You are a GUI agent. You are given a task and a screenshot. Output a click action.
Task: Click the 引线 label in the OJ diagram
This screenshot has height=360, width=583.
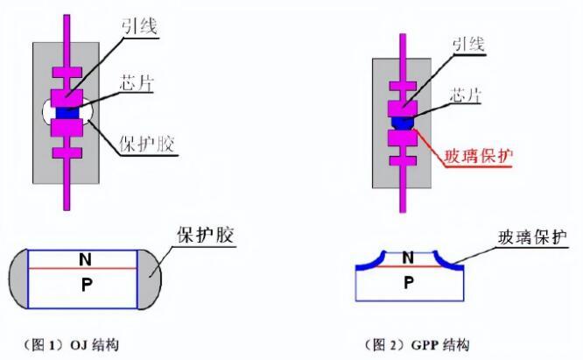coord(140,26)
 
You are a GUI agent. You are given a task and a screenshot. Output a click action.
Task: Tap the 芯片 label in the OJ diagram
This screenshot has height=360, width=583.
coord(137,82)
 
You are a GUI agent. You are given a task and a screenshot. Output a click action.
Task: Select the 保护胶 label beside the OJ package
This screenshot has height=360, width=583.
coord(147,144)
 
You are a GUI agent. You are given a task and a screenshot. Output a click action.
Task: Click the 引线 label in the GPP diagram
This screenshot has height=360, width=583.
coord(468,45)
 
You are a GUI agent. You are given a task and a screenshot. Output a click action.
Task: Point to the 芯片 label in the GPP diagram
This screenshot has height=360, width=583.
coord(466,95)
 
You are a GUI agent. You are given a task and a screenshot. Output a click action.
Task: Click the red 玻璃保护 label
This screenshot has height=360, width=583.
coord(479,156)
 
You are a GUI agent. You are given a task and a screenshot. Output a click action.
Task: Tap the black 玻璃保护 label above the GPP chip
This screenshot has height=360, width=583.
coord(533,237)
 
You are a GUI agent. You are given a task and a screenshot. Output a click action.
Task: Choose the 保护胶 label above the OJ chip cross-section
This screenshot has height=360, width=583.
coord(206,235)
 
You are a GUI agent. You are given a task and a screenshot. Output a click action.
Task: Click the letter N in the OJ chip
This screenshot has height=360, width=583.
coord(85,259)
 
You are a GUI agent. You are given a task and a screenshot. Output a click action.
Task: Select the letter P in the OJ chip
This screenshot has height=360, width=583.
coord(87,285)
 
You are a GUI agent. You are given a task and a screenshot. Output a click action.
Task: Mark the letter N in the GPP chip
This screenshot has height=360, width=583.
coord(408,258)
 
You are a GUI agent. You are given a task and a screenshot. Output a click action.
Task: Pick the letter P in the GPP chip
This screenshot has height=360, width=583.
coord(409,283)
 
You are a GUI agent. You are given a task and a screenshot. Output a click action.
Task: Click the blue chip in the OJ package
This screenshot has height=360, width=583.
coord(67,113)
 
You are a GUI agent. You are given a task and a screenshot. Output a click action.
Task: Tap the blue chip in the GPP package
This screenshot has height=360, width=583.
coord(403,123)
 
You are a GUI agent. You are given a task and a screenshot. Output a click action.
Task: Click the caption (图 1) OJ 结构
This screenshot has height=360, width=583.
coord(71,345)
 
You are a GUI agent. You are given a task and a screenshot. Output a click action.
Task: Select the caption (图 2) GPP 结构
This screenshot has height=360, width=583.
coord(417,345)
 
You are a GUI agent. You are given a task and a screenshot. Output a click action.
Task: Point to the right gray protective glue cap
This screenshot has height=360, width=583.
coord(150,279)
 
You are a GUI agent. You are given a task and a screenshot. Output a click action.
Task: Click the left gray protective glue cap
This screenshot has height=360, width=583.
coord(18,279)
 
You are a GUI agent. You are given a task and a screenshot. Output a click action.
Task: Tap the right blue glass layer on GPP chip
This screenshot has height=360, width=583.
coord(448,261)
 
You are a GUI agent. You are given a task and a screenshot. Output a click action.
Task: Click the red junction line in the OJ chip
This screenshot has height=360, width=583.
coord(83,268)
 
